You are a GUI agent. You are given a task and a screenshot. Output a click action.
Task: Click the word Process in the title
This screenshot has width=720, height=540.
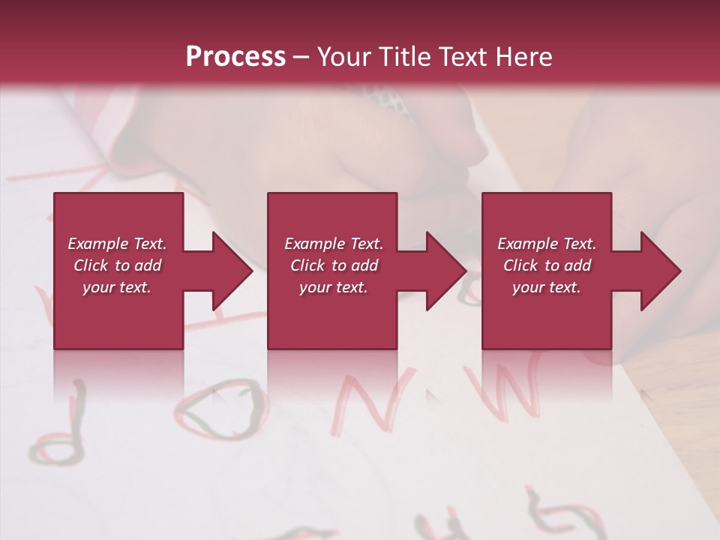coord(235,56)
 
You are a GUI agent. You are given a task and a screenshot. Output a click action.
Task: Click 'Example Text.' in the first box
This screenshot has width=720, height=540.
coord(117,243)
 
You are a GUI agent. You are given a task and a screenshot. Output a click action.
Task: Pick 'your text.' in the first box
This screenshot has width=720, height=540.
coord(117,287)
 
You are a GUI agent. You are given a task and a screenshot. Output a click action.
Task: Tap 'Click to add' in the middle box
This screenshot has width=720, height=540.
coord(334,265)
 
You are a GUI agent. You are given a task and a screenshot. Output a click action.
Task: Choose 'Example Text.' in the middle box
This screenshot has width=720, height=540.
coord(334,243)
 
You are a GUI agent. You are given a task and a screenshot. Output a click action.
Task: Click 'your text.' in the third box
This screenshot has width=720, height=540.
coord(547,287)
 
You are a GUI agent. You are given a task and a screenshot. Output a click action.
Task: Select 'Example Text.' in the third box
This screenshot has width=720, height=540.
coord(547,243)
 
